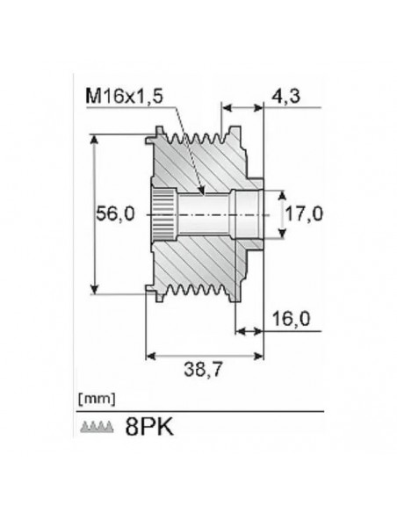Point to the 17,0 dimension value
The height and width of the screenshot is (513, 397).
[x=307, y=213]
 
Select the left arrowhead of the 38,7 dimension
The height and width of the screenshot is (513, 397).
[x=149, y=356]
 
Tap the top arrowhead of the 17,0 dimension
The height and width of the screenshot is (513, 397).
[x=282, y=191]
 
